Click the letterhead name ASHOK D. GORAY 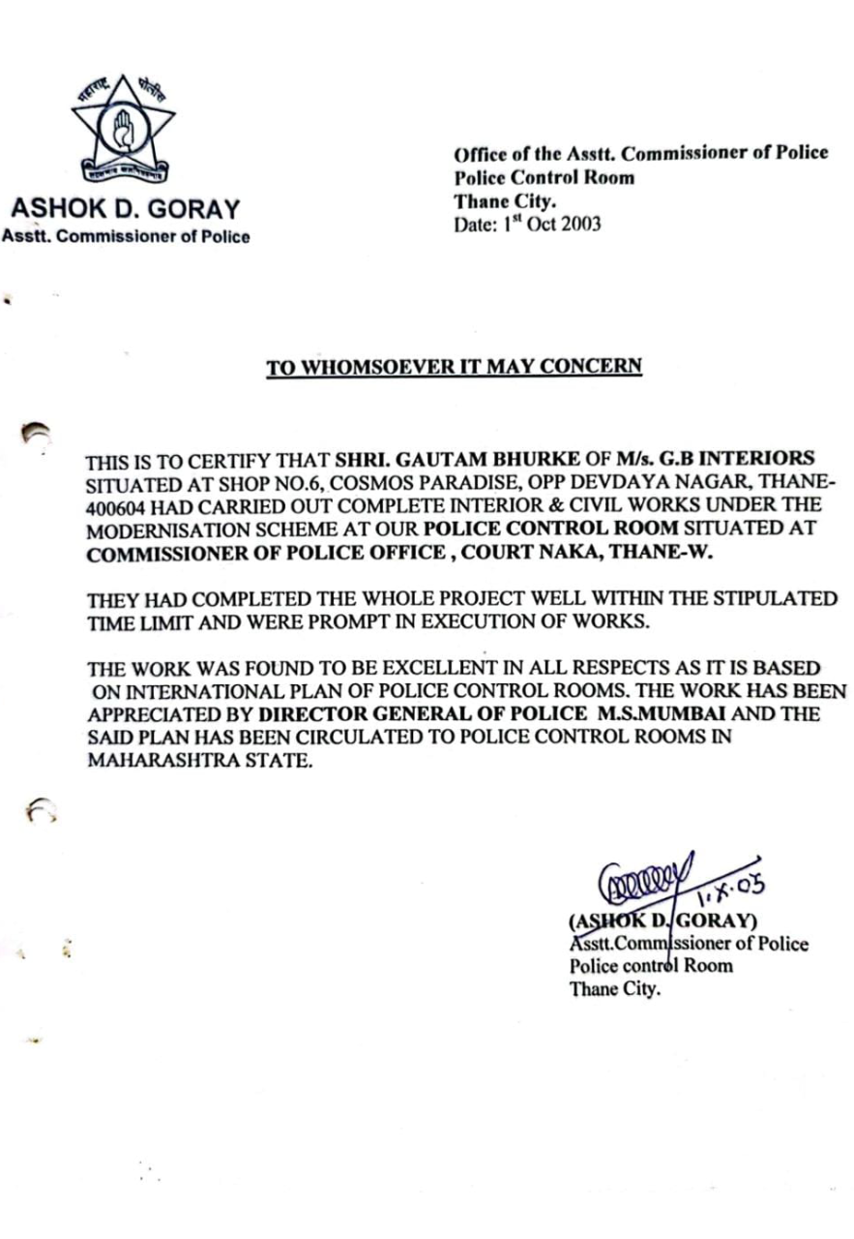point(125,209)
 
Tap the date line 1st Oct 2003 point(527,224)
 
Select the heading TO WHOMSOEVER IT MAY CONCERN point(454,367)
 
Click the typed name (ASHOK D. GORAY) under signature point(663,921)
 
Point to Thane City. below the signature point(615,989)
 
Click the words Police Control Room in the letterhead point(545,177)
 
